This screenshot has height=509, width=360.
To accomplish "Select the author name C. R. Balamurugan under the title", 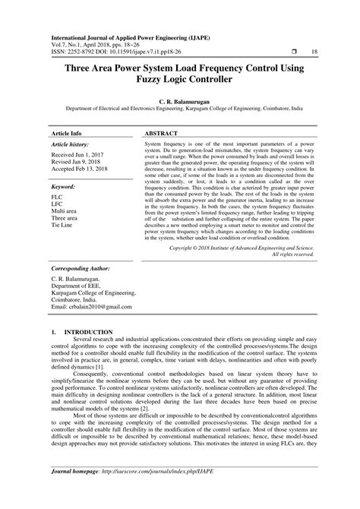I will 179,100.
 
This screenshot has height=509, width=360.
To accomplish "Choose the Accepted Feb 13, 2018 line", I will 85,169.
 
